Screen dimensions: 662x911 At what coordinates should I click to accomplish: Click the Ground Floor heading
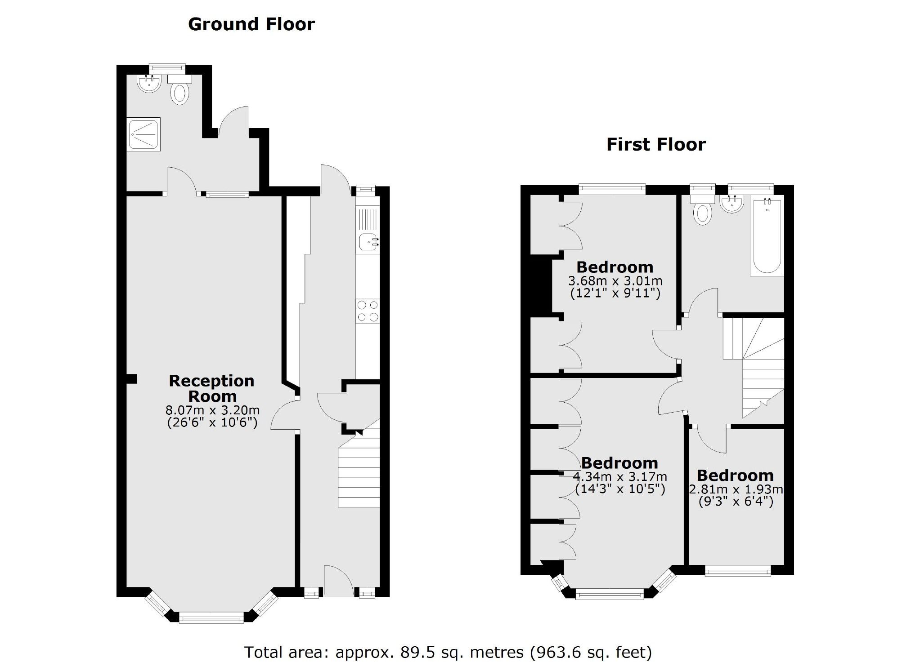point(251,24)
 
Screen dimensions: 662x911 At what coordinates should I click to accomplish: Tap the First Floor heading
point(655,145)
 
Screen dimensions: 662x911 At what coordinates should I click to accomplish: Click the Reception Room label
point(211,388)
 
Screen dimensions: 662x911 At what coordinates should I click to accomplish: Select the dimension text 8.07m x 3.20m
point(212,410)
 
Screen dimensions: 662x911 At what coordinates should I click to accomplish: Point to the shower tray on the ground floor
point(144,134)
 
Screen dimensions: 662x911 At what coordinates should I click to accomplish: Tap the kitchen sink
point(368,243)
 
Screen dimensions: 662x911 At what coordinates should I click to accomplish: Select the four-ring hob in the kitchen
point(368,311)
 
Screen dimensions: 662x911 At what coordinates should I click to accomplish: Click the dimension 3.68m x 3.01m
point(615,281)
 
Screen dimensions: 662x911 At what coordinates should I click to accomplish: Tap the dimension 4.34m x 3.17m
point(619,476)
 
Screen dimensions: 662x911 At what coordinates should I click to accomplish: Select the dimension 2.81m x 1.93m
point(736,489)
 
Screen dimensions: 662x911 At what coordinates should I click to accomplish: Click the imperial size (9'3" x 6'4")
point(736,501)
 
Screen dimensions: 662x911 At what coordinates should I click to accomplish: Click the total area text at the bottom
point(448,652)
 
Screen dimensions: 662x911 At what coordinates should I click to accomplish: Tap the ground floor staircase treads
point(359,476)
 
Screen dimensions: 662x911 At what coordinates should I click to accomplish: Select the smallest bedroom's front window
point(737,572)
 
